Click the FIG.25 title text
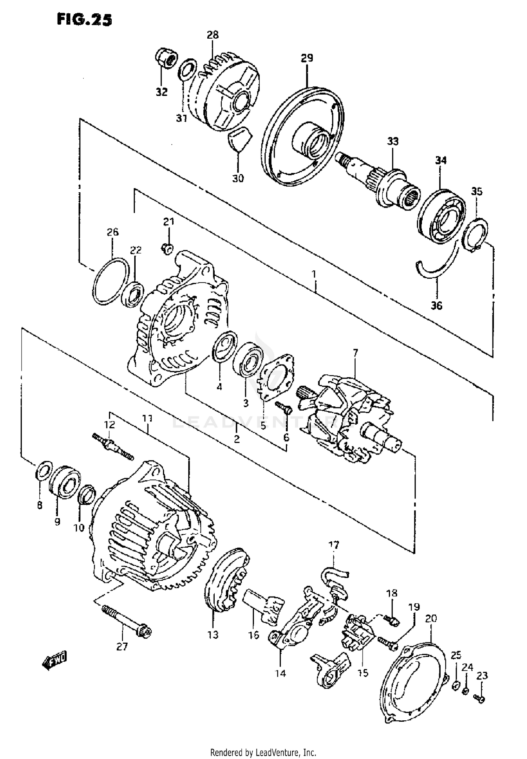coord(84,20)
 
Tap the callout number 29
coord(307,58)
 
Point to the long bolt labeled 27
coord(126,619)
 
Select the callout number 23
coord(482,675)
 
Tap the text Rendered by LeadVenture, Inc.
coord(263,750)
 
